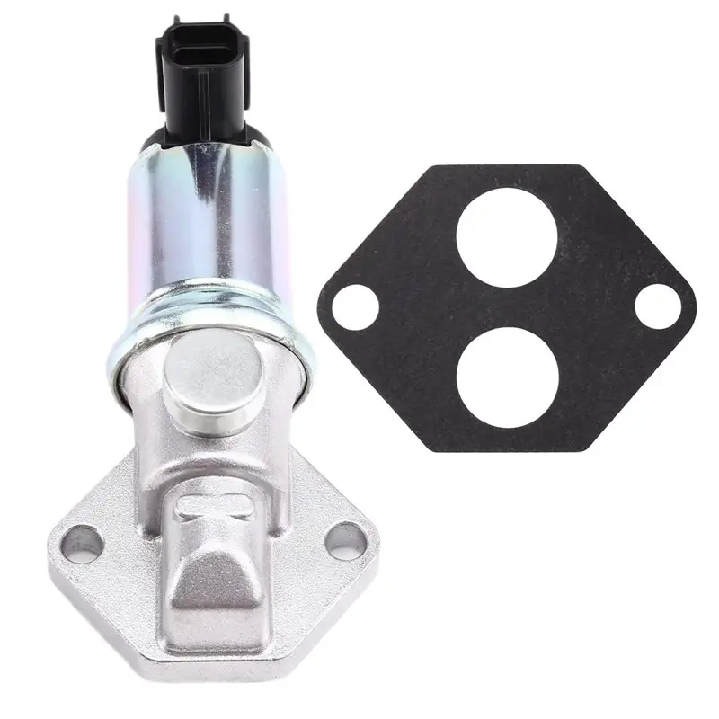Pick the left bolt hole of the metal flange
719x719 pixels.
[83, 541]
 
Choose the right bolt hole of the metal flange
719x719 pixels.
[335, 540]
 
